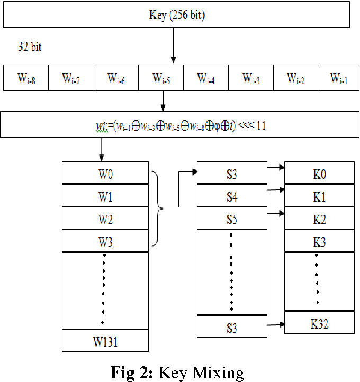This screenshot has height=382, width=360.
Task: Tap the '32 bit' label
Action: click(30, 47)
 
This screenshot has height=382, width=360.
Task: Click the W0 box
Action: click(105, 173)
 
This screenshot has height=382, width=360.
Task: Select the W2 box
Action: click(105, 219)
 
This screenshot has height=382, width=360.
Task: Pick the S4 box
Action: click(232, 196)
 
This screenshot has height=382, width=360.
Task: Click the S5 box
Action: click(232, 219)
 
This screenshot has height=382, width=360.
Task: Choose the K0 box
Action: click(319, 173)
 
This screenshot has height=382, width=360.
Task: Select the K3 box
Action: click(319, 242)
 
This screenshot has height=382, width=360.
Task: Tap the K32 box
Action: click(319, 323)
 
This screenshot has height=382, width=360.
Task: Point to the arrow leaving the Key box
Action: click(173, 46)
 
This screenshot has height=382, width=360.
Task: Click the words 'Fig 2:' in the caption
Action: click(132, 372)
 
